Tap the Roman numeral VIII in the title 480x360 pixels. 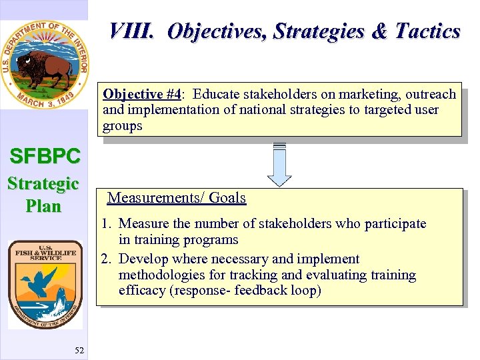pos(133,31)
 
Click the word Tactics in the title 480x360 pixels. pos(427,31)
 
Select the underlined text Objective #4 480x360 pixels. pos(141,94)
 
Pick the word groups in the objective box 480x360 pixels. pos(122,125)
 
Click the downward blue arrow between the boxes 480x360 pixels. pos(279,172)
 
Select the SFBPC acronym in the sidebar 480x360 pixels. pos(45,157)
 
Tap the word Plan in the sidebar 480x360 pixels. pos(43,206)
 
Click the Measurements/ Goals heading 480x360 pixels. pos(177,198)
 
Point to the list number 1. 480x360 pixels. pos(107,224)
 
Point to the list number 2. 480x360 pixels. pos(107,259)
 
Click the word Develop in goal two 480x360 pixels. pos(142,259)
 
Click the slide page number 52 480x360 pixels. pos(79,351)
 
